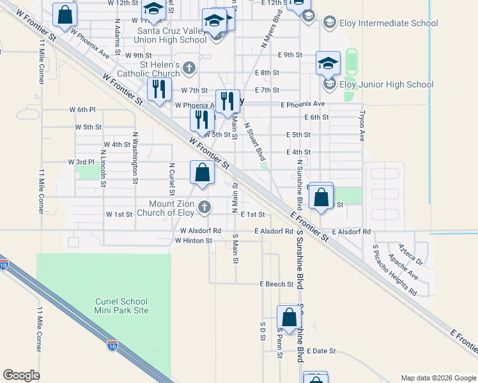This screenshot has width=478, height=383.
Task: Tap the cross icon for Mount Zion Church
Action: (204, 206)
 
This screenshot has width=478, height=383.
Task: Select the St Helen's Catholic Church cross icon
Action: (189, 67)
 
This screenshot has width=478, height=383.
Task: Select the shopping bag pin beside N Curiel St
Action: (202, 173)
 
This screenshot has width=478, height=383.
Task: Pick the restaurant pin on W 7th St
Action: (159, 89)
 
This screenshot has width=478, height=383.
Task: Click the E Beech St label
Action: (276, 284)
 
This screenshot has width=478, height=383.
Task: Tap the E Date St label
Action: (321, 351)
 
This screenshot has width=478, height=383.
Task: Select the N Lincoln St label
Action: (103, 170)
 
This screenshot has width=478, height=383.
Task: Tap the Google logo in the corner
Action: (21, 375)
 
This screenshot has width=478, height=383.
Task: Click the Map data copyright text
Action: (438, 378)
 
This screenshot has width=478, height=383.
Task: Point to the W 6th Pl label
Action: (82, 110)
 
